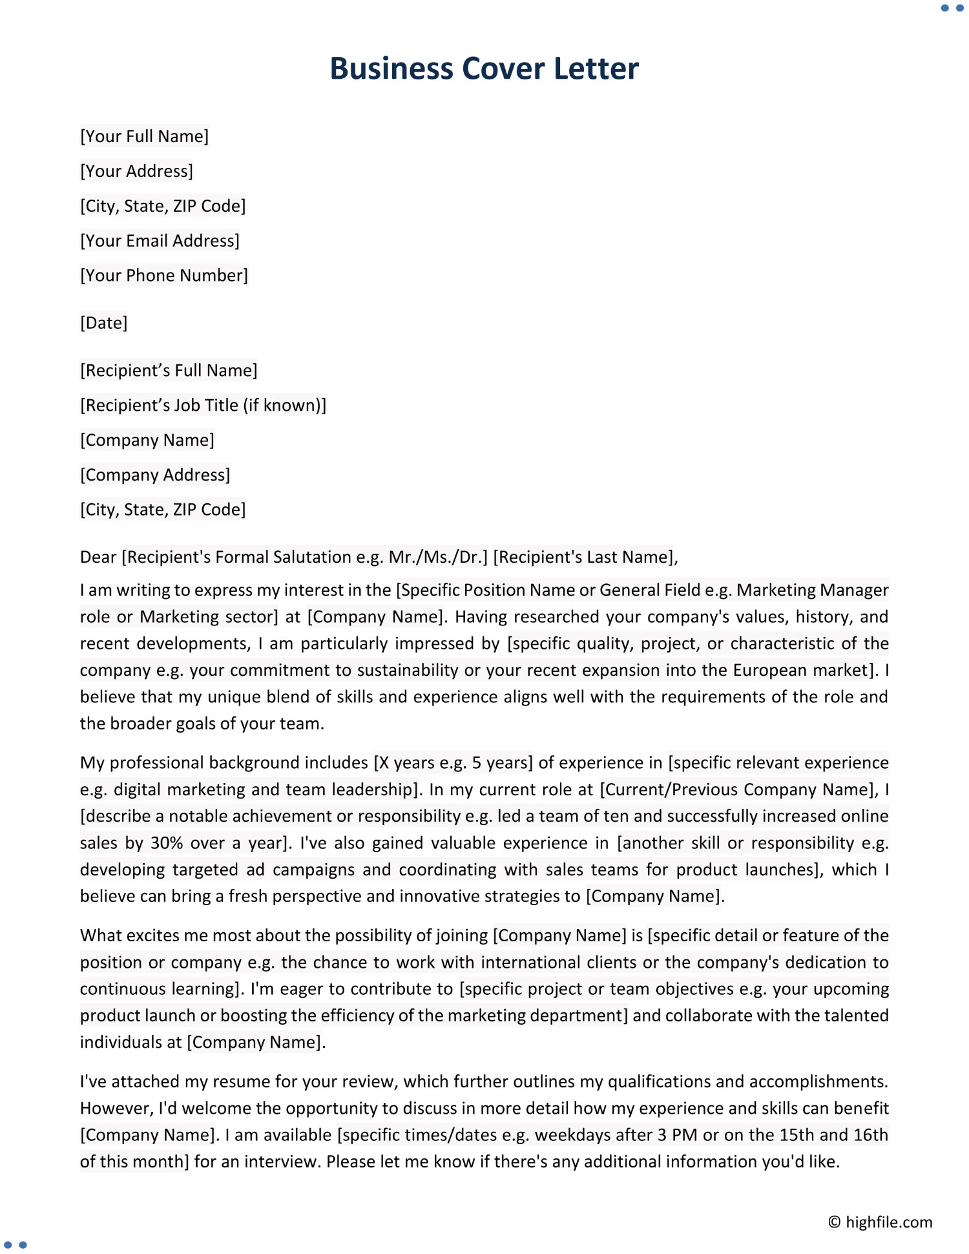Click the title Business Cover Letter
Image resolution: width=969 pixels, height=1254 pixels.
click(484, 68)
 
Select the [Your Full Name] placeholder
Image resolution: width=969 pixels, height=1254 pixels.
click(144, 136)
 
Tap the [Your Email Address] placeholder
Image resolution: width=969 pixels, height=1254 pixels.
click(160, 241)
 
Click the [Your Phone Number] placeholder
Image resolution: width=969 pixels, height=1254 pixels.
click(163, 276)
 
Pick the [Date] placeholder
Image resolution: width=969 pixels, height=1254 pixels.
click(103, 323)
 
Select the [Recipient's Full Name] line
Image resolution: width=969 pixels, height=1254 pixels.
click(169, 371)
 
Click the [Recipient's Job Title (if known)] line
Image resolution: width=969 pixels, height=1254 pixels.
click(203, 406)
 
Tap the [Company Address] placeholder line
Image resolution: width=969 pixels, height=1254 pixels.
click(155, 475)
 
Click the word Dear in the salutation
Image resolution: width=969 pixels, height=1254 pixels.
click(98, 558)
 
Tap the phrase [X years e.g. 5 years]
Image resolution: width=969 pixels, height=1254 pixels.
click(453, 764)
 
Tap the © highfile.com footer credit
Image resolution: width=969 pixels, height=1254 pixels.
click(880, 1222)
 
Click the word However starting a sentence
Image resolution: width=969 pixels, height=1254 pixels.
click(116, 1109)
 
